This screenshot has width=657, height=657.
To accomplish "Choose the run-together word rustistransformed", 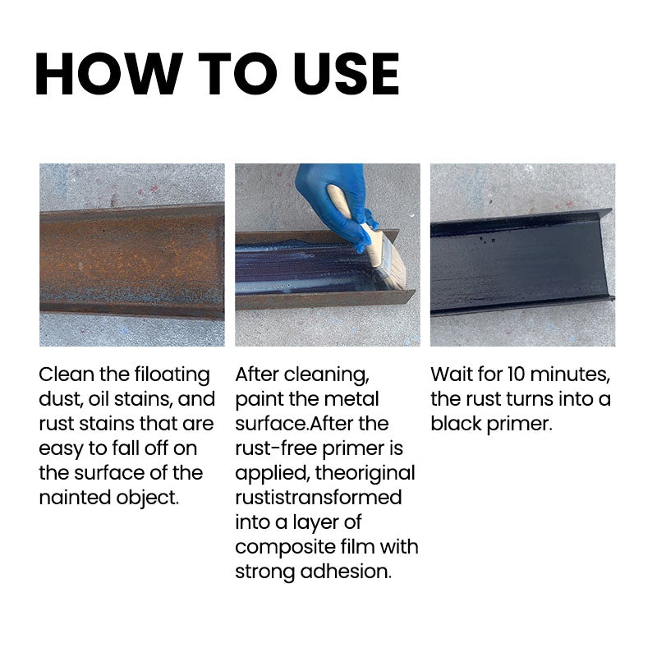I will pos(318,498).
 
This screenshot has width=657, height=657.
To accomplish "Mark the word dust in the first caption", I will pos(59,399).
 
